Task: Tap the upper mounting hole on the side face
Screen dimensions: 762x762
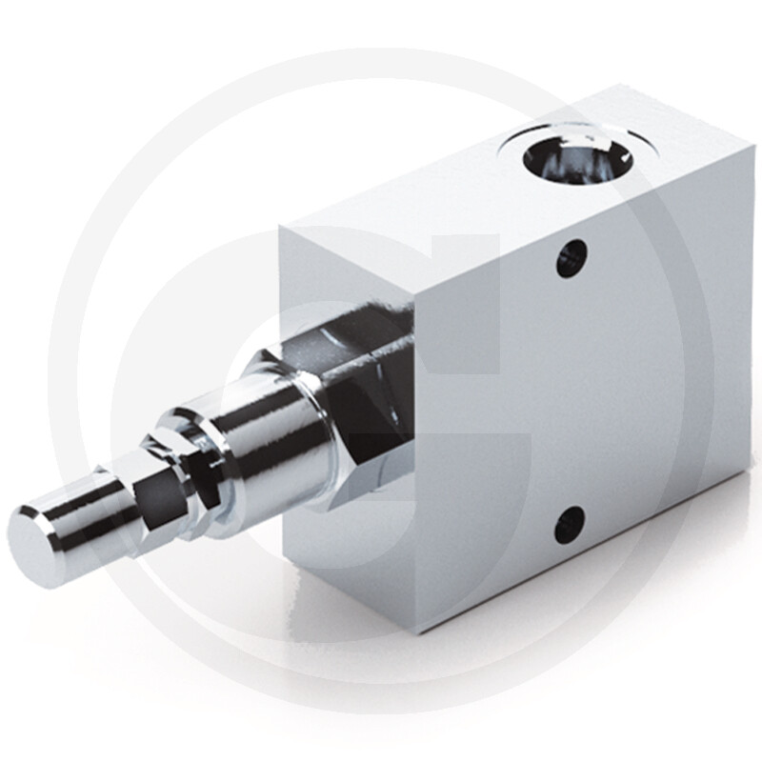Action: (571, 257)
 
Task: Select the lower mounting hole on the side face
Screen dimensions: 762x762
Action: (570, 525)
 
